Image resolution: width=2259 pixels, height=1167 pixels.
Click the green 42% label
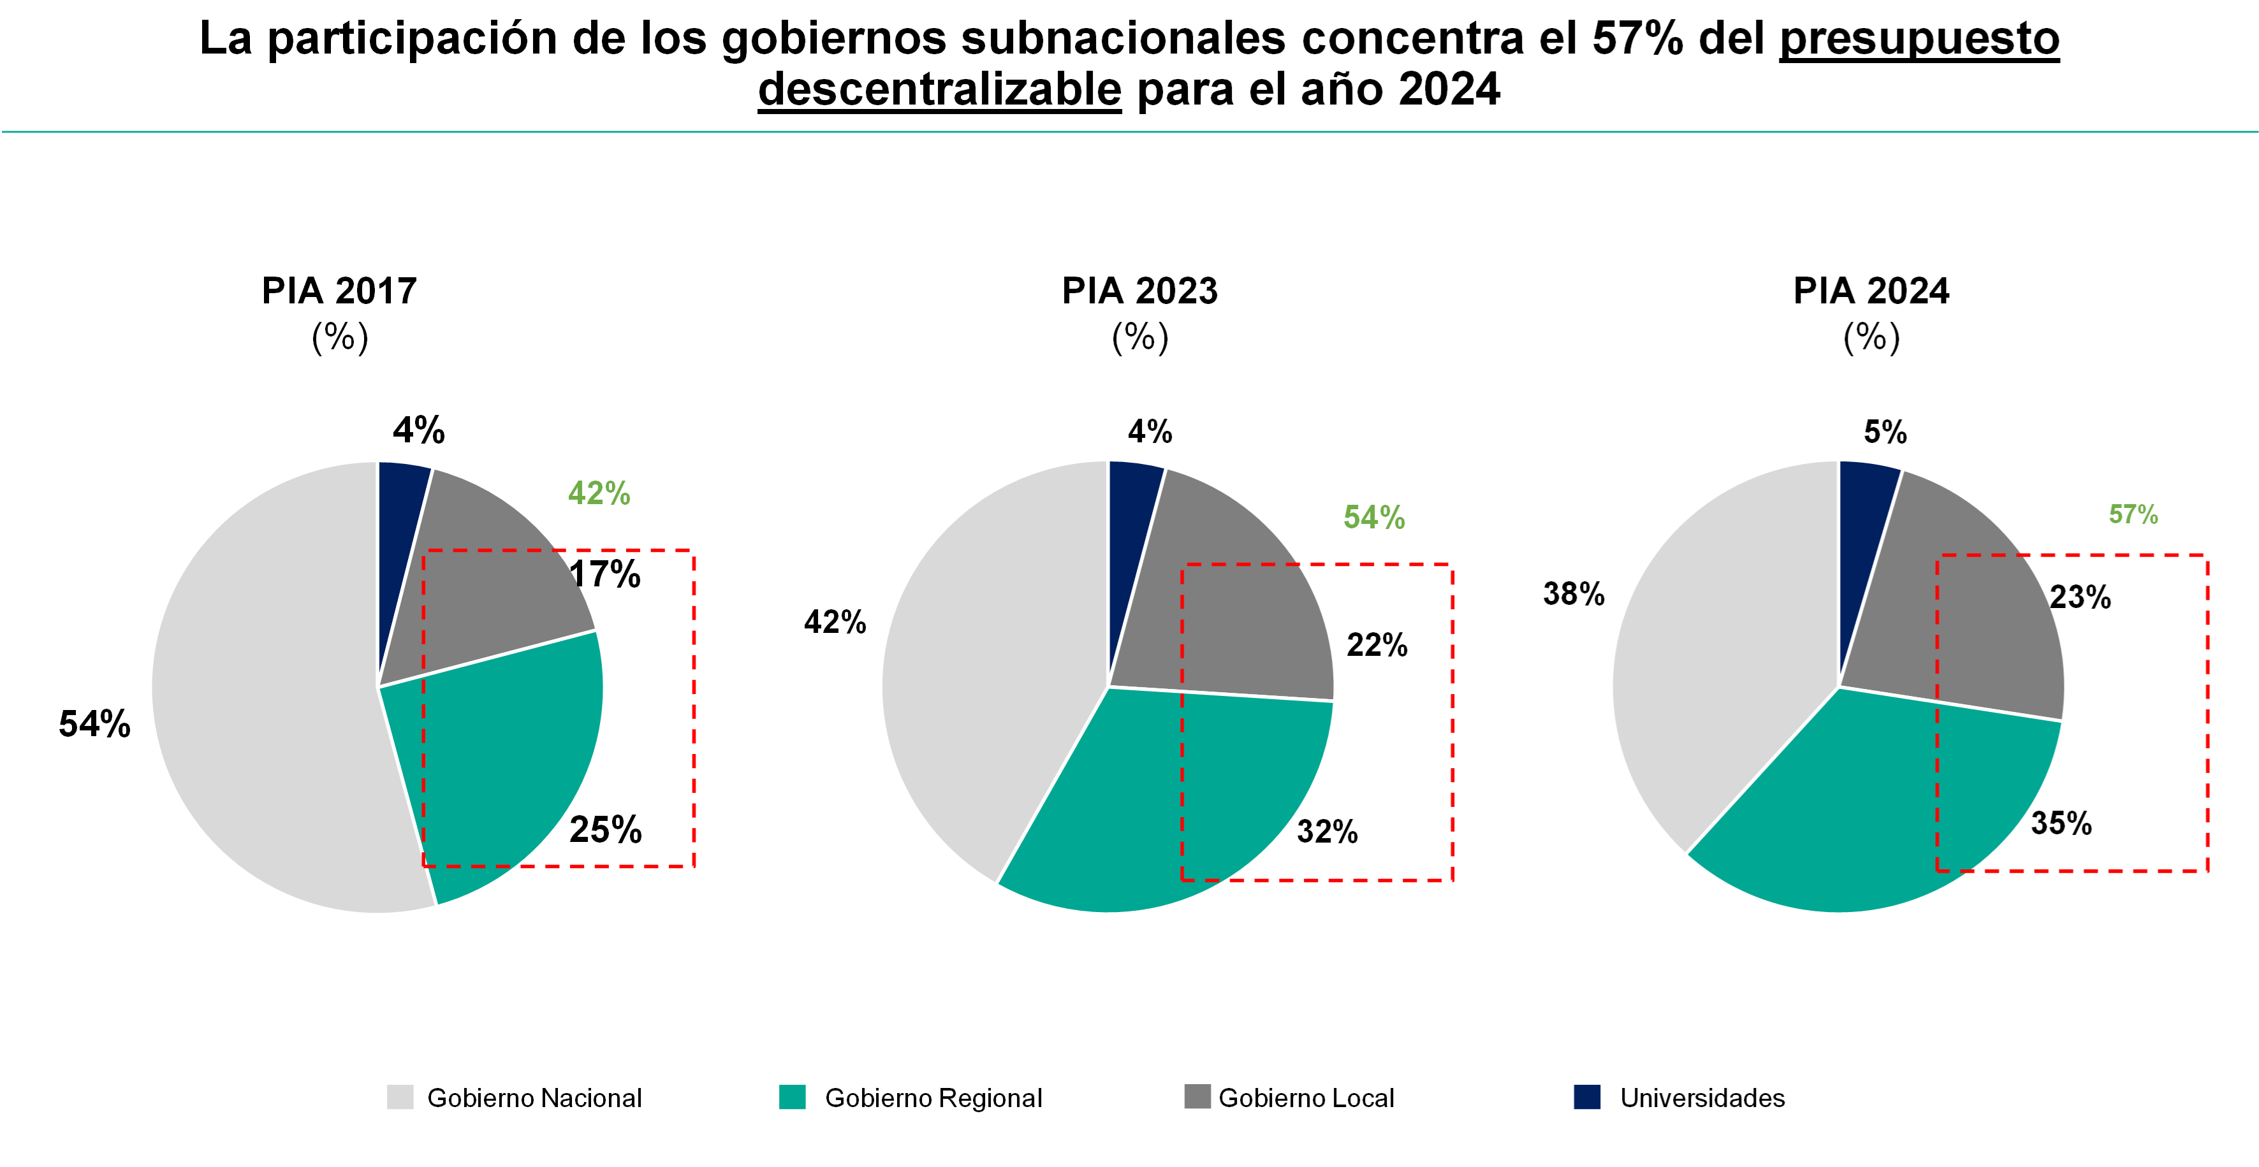(599, 493)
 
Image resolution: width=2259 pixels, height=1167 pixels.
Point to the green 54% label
(1374, 518)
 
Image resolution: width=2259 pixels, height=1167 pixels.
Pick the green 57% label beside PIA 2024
(2133, 515)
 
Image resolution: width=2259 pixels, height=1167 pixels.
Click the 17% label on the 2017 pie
(605, 575)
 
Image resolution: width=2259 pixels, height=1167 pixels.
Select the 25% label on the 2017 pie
(605, 829)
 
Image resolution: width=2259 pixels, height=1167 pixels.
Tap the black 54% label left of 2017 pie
(95, 724)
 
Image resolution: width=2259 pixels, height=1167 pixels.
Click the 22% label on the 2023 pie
(1377, 645)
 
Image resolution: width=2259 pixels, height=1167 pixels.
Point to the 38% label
(1573, 595)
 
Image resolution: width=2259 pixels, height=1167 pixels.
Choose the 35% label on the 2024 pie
(2061, 823)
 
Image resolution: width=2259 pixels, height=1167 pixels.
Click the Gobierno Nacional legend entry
(533, 1098)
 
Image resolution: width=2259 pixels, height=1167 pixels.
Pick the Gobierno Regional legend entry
(932, 1098)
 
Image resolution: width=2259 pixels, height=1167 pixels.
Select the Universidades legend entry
(1701, 1098)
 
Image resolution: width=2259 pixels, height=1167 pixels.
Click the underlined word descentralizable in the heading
(939, 89)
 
